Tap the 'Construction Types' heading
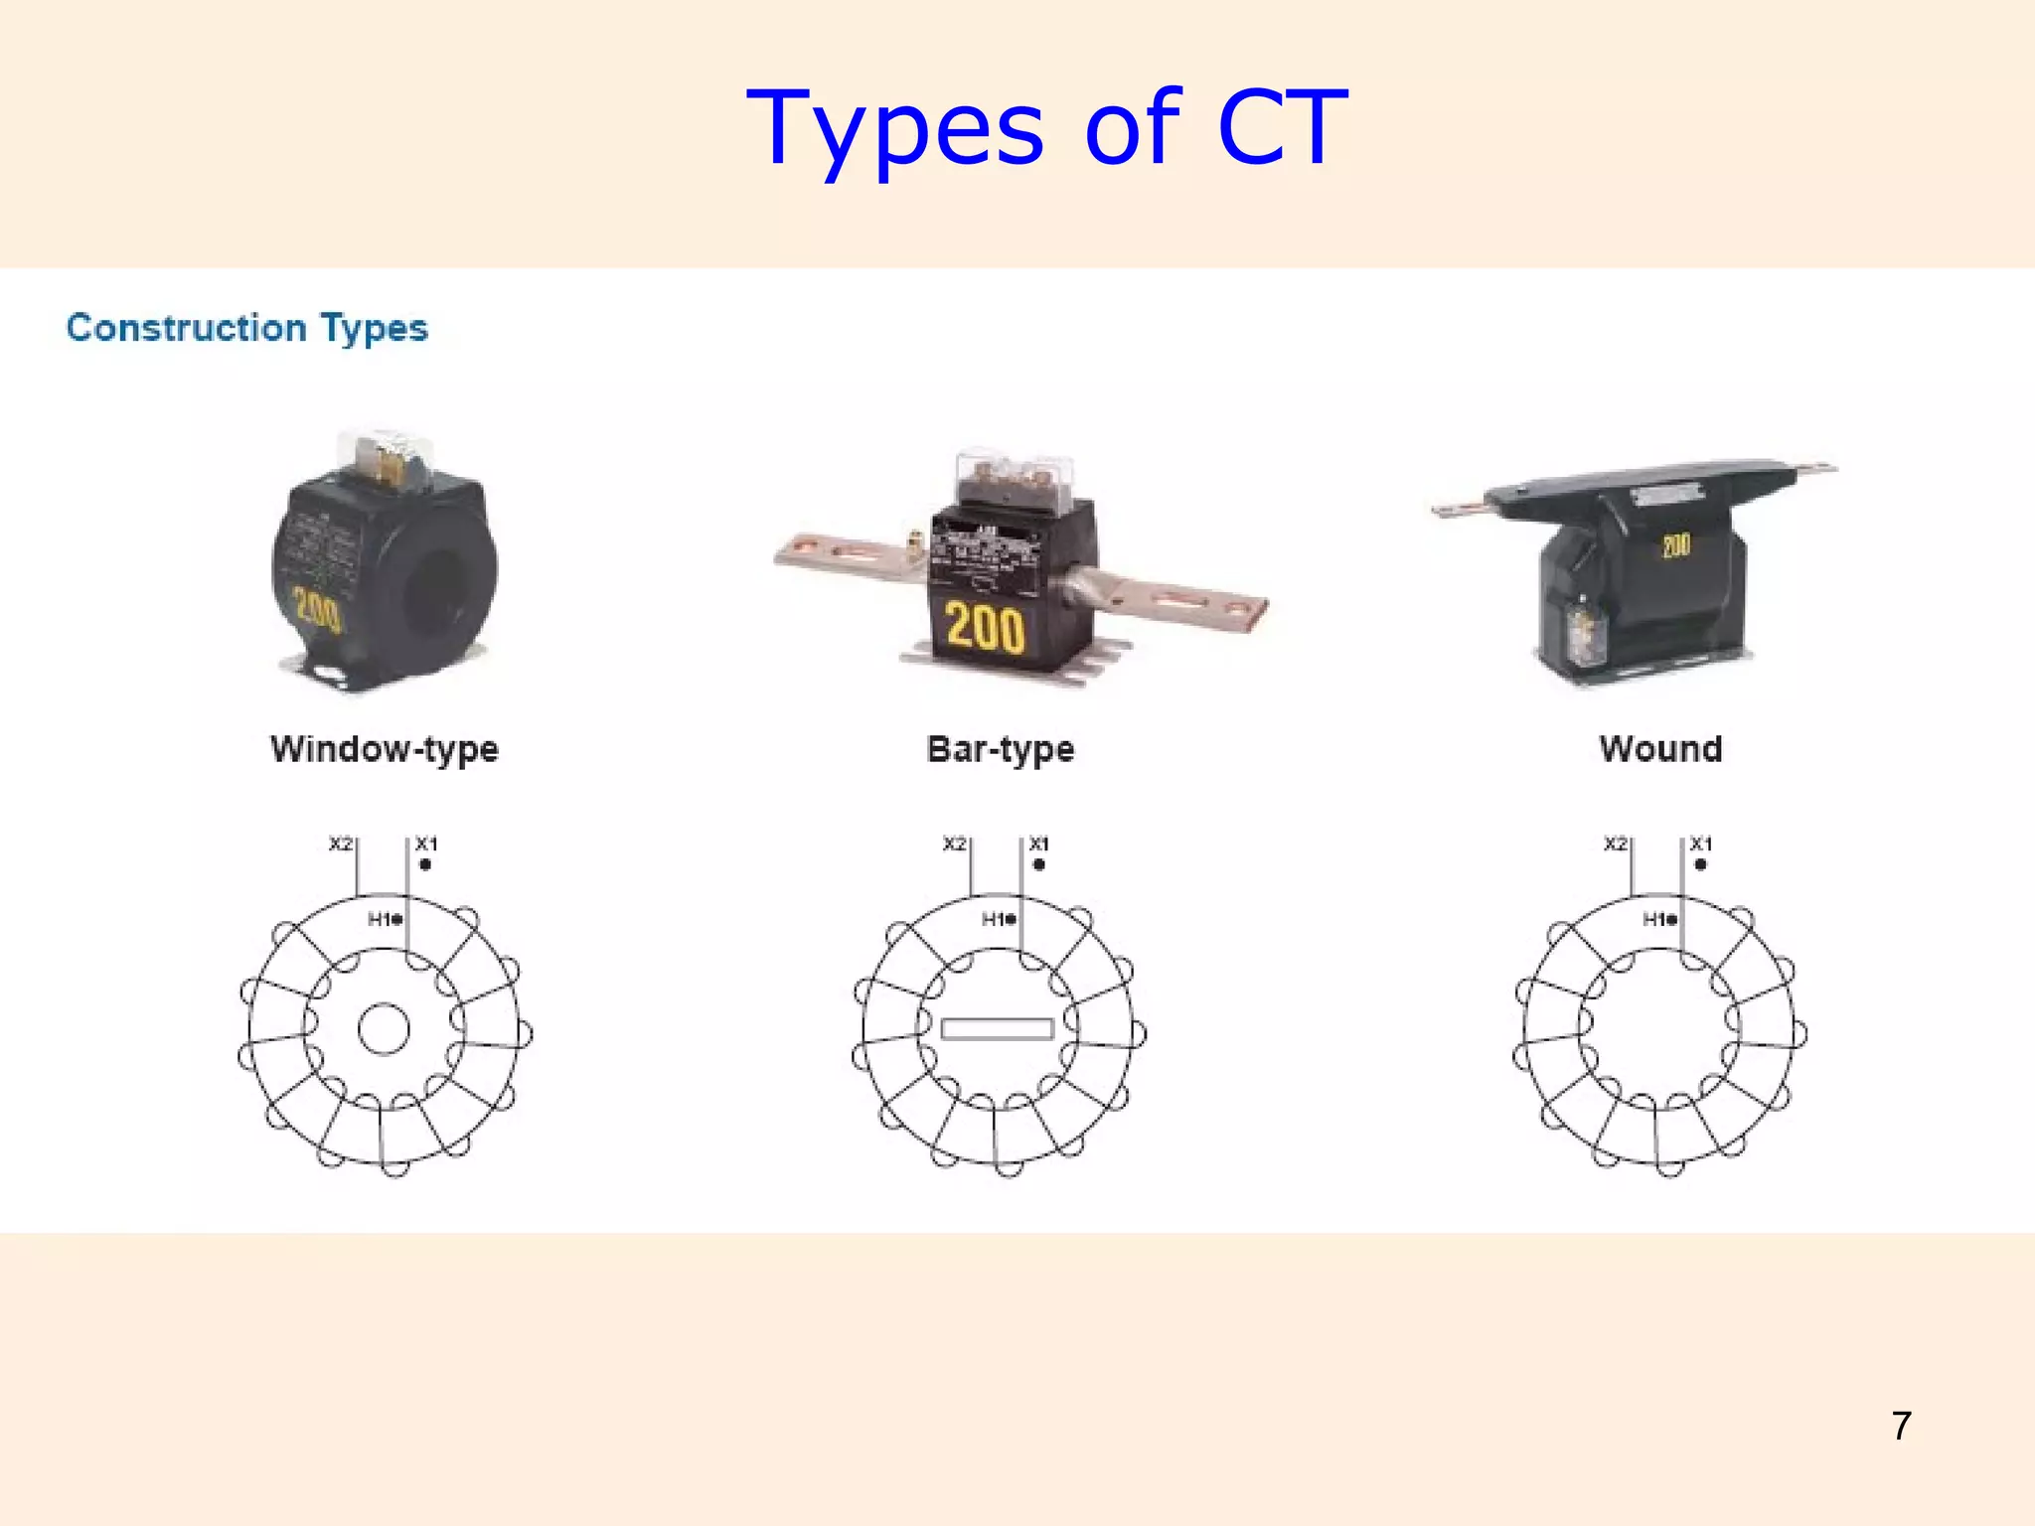click(246, 328)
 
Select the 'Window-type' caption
click(385, 749)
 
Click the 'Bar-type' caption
click(1001, 749)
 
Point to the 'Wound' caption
click(1660, 749)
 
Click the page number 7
click(1901, 1427)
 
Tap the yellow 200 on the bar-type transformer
click(985, 628)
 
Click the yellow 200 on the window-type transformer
click(317, 608)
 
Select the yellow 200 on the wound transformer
click(1675, 544)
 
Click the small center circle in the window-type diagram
click(384, 1029)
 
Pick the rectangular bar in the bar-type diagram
click(997, 1029)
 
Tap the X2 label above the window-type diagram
click(341, 843)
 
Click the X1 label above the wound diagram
click(1701, 843)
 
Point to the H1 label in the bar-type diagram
click(995, 919)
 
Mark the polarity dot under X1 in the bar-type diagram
click(1039, 864)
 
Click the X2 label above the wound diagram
click(1616, 843)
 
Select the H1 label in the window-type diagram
click(382, 919)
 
